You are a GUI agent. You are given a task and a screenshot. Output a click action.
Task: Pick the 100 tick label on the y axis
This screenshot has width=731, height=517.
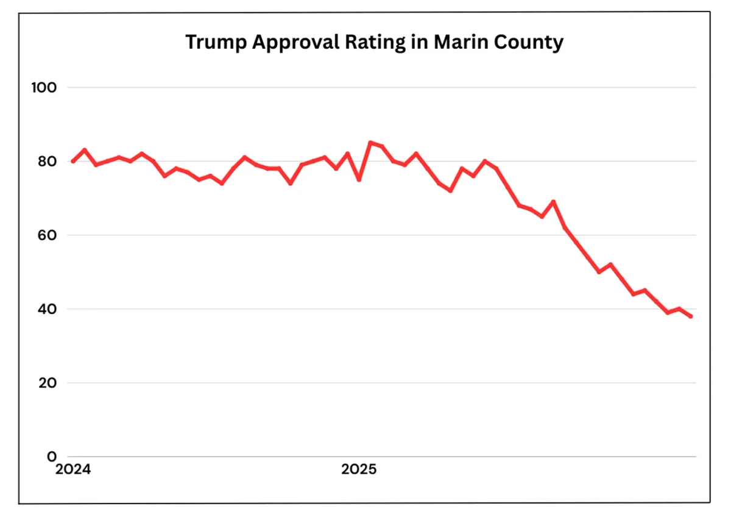tap(43, 88)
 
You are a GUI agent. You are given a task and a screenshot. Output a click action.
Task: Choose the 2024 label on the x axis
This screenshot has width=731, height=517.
tap(73, 470)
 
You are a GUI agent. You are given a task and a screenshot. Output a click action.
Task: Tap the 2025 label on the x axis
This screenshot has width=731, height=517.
tap(359, 470)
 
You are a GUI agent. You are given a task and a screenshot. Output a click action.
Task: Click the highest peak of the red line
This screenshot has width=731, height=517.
tap(370, 143)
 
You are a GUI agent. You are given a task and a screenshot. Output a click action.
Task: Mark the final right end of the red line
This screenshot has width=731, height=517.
tap(690, 316)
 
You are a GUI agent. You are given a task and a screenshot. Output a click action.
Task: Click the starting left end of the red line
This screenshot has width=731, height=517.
tap(73, 162)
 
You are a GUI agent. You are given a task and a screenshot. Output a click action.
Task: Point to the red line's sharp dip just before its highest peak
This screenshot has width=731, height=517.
tap(359, 180)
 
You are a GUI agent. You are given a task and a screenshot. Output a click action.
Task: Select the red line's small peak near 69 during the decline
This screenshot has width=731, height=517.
tap(553, 202)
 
